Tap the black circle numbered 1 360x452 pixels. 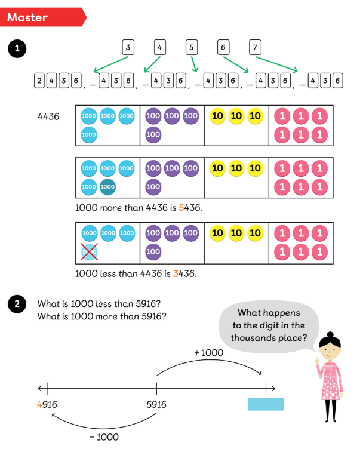pos(17,50)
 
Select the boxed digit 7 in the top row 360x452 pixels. pos(255,47)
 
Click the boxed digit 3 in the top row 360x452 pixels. pos(128,47)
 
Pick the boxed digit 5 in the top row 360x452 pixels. pos(192,47)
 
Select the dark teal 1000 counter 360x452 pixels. pos(108,187)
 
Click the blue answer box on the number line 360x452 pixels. pos(266,404)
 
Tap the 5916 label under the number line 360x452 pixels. pos(156,405)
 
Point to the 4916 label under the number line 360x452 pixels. pos(47,405)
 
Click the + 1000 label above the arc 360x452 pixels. pos(208,353)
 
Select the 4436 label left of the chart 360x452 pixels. pos(48,117)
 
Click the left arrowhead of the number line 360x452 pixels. pos(40,388)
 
